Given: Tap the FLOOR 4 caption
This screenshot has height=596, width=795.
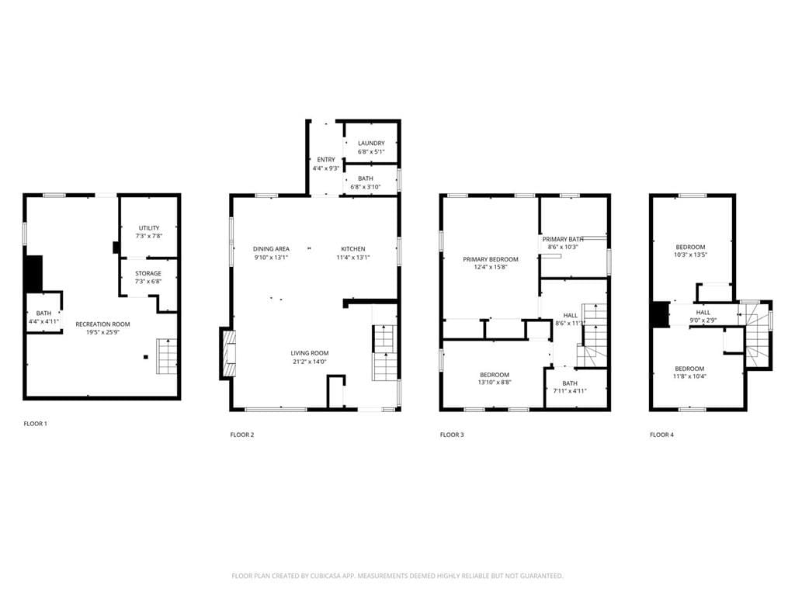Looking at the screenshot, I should (x=661, y=435).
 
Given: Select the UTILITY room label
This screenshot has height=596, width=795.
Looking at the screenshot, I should (x=149, y=227).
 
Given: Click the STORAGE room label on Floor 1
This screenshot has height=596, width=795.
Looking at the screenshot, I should (x=148, y=273).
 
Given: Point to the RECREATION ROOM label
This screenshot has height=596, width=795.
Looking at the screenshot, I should (x=102, y=324).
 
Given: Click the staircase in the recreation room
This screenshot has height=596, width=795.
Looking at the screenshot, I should (x=168, y=356).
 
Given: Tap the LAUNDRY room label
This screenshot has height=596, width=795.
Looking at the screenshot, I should (x=371, y=143).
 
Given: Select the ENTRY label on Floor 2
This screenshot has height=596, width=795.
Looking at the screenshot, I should (x=326, y=159).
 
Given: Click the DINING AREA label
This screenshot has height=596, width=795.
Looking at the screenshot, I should (x=271, y=248).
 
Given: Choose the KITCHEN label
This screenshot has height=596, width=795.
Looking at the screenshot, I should (x=352, y=248).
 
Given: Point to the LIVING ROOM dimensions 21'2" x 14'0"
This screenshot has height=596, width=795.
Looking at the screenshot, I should (x=311, y=362).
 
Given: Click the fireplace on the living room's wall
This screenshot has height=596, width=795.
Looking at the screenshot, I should (x=227, y=353).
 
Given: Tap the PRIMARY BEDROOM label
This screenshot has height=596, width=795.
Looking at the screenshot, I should (x=490, y=259).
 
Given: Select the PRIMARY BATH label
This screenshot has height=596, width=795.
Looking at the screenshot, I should (x=563, y=239).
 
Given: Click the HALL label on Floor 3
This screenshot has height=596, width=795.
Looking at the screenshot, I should (x=570, y=315).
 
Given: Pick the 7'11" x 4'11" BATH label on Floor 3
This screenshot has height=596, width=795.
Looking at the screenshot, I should (x=570, y=383).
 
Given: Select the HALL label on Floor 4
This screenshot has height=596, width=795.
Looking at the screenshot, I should (x=703, y=312).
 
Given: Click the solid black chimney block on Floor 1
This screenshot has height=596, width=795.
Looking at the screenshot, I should (x=34, y=274).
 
